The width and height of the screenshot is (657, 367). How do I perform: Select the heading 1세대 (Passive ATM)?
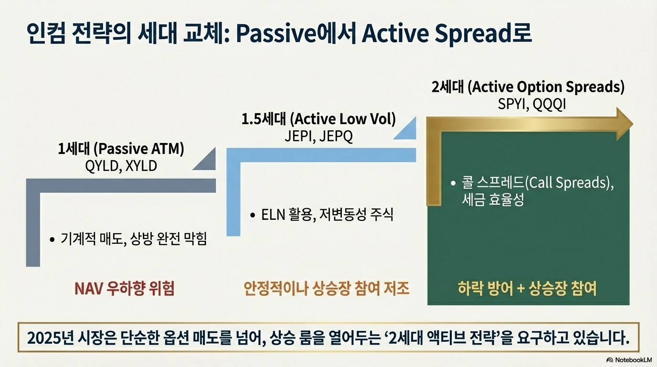pos(121,149)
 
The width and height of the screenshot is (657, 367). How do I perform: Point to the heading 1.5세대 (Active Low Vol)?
pos(318,119)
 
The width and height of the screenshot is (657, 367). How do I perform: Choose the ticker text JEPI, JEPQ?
pos(318,136)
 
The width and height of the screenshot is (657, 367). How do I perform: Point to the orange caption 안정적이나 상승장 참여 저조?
pos(327,288)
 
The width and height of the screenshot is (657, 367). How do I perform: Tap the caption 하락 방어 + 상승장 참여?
pos(527,288)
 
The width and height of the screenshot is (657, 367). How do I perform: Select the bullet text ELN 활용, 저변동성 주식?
pos(327,215)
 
